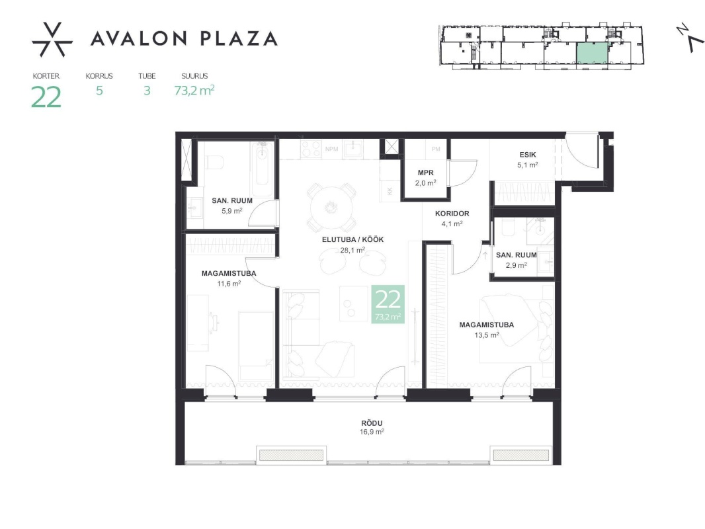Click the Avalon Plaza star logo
52,40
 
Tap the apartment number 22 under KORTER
46,97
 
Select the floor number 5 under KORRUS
99,91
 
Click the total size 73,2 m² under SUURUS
194,91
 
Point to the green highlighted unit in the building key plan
592,54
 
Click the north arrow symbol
690,38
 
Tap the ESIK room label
527,155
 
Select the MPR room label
425,173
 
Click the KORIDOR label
452,214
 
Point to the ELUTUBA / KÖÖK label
352,239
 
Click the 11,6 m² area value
229,284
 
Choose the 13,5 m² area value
487,335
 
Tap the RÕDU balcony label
372,423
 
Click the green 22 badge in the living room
388,304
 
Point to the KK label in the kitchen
390,191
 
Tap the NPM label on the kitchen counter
331,149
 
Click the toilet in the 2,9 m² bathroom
508,228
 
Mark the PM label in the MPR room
436,149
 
